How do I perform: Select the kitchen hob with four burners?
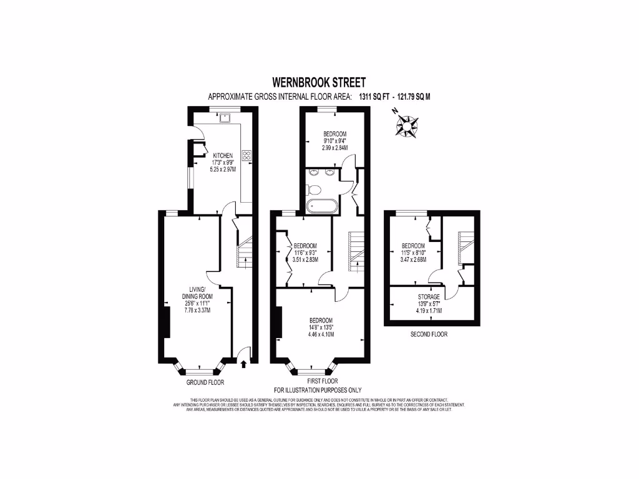pyautogui.click(x=246, y=155)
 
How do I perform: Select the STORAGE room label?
pyautogui.click(x=429, y=297)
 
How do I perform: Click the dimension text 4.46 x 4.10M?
pyautogui.click(x=321, y=334)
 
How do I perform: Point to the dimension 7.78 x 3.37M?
pyautogui.click(x=196, y=310)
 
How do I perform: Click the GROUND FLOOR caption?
pyautogui.click(x=205, y=382)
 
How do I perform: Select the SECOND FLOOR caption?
pyautogui.click(x=429, y=334)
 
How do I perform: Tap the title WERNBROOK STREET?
pyautogui.click(x=319, y=82)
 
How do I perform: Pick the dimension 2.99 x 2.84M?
pyautogui.click(x=334, y=148)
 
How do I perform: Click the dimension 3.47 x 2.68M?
pyautogui.click(x=413, y=259)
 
